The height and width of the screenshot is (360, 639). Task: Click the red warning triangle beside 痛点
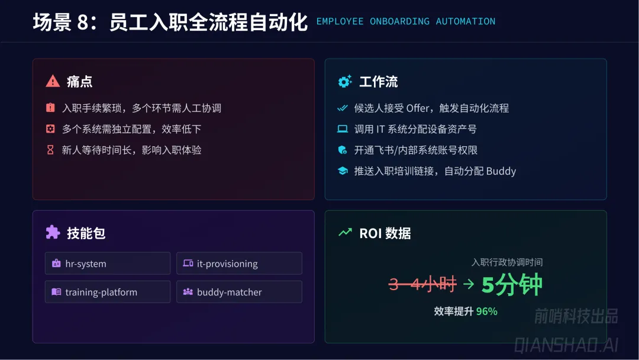pyautogui.click(x=53, y=81)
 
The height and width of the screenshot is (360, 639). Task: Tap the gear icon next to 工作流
pyautogui.click(x=344, y=82)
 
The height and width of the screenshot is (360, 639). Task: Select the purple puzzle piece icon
pyautogui.click(x=53, y=233)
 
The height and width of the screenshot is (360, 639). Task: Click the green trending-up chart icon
pyautogui.click(x=344, y=233)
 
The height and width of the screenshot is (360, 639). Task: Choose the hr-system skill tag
pyautogui.click(x=107, y=263)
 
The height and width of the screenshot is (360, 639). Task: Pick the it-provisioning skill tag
pyautogui.click(x=239, y=263)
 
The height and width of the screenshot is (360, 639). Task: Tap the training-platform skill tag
pyautogui.click(x=107, y=292)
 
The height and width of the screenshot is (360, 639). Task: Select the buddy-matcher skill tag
pyautogui.click(x=239, y=292)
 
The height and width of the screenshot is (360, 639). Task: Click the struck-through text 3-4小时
pyautogui.click(x=422, y=284)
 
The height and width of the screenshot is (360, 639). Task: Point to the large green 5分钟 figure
pyautogui.click(x=512, y=285)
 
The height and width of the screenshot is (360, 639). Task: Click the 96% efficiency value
pyautogui.click(x=487, y=311)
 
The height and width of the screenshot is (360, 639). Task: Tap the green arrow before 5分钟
pyautogui.click(x=469, y=285)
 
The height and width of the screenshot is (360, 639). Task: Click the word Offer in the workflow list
pyautogui.click(x=418, y=108)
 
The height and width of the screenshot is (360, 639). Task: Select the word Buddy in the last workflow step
pyautogui.click(x=501, y=171)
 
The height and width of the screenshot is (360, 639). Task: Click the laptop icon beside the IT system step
pyautogui.click(x=342, y=129)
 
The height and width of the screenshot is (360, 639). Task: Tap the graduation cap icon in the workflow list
pyautogui.click(x=342, y=171)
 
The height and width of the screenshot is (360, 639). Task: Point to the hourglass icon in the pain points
pyautogui.click(x=50, y=150)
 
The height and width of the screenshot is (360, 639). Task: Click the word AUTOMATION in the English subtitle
pyautogui.click(x=466, y=21)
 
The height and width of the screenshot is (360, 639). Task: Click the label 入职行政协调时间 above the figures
pyautogui.click(x=507, y=262)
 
